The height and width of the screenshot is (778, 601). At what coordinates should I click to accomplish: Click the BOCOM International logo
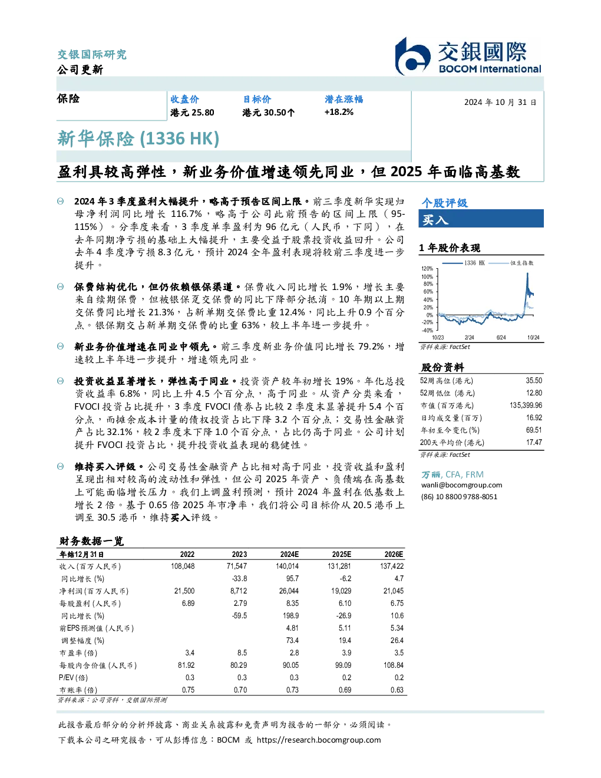[468, 57]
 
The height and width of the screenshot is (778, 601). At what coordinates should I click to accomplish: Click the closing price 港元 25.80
[192, 113]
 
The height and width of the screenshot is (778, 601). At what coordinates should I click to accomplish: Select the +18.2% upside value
[339, 113]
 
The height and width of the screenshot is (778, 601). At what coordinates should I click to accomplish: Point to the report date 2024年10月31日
[500, 103]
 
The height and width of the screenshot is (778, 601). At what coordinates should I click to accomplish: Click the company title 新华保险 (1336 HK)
[138, 139]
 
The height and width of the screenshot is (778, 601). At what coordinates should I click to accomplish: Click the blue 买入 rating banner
[481, 219]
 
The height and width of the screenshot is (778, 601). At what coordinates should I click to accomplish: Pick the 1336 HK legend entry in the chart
[464, 263]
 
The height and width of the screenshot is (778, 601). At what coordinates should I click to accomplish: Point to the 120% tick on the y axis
[427, 269]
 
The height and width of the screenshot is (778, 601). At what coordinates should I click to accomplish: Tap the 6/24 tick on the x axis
[501, 338]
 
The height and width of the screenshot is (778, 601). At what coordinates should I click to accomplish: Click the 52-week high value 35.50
[534, 381]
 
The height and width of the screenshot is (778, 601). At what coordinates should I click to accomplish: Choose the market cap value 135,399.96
[526, 406]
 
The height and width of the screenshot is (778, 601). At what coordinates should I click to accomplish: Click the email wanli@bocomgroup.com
[461, 485]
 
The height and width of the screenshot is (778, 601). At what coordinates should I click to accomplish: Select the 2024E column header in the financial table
[289, 555]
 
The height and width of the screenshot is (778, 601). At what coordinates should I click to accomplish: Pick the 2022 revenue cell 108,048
[183, 566]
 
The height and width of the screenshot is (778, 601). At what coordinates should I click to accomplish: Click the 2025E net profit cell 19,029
[341, 591]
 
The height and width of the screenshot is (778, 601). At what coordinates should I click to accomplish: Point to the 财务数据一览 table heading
[91, 541]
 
